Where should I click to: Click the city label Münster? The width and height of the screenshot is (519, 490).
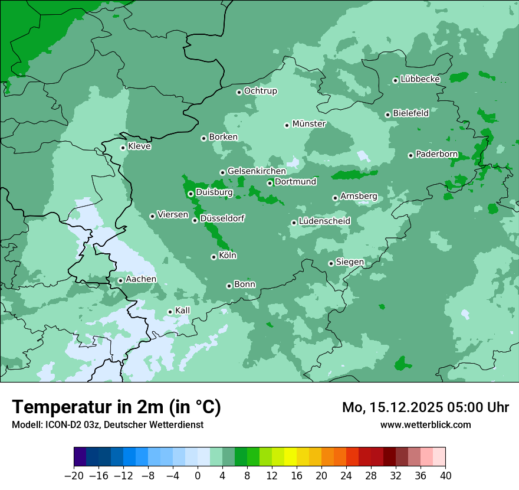(x=309, y=124)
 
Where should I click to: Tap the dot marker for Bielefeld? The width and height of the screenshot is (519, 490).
(x=387, y=115)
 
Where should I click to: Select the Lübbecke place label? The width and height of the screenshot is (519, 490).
(x=421, y=79)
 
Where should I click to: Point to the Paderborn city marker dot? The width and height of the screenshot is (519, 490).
(x=410, y=155)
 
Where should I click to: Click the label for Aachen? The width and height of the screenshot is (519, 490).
(x=141, y=279)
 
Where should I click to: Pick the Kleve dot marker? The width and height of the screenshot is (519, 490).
(x=123, y=148)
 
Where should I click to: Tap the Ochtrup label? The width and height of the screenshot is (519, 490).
(x=261, y=91)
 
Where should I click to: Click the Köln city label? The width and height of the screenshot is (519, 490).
(x=228, y=256)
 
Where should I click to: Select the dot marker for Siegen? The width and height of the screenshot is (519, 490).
(x=331, y=263)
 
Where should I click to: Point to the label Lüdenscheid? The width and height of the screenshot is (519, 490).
(x=325, y=221)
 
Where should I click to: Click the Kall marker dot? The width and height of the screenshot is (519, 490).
(x=170, y=312)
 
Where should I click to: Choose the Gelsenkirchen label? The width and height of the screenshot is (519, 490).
(x=257, y=171)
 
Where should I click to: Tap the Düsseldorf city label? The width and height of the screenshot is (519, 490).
(x=222, y=218)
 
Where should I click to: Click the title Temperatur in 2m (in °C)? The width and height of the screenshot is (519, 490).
(x=116, y=407)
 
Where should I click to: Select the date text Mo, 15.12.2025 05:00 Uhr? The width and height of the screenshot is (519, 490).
(x=425, y=407)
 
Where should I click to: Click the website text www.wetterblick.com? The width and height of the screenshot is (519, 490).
(x=425, y=424)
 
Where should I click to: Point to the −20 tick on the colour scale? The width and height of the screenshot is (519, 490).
(x=74, y=476)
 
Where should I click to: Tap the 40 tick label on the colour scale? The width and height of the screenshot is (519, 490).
(x=445, y=476)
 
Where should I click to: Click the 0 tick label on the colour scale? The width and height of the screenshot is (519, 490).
(x=198, y=476)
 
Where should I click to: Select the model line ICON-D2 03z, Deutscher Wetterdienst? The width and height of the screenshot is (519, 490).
(x=107, y=424)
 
